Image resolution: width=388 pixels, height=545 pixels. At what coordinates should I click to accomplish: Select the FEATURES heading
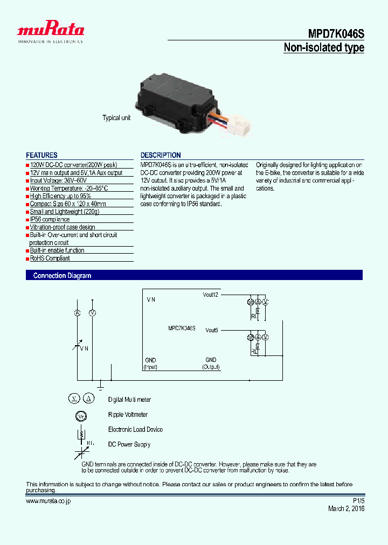point(41,155)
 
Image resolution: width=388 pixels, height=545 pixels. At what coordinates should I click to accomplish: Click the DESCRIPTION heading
point(161,155)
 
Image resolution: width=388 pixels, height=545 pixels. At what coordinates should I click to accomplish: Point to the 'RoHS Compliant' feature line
point(50,258)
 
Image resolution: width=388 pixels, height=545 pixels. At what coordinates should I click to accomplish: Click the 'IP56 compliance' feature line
point(50,219)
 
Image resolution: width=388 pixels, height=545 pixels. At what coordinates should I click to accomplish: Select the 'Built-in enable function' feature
point(57,250)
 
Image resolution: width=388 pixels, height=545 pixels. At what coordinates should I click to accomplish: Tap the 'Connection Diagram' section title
point(62,276)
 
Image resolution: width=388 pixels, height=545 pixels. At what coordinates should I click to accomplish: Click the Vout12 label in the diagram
point(211,295)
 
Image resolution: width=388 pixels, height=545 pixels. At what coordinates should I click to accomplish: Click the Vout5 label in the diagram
point(212,330)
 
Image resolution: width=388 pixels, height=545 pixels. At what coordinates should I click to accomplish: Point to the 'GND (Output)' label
point(211,364)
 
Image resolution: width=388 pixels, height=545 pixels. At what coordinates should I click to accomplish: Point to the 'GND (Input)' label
point(150,364)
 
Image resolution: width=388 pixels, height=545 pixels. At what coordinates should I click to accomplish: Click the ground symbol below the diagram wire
point(100,385)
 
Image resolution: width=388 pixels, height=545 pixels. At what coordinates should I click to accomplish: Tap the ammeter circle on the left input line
point(77,313)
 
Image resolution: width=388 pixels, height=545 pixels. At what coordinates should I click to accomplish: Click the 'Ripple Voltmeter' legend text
point(128,415)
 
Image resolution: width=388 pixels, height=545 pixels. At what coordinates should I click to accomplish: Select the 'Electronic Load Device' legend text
point(135,429)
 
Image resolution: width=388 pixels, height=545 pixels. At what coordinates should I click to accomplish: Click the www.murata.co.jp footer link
point(48,501)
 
